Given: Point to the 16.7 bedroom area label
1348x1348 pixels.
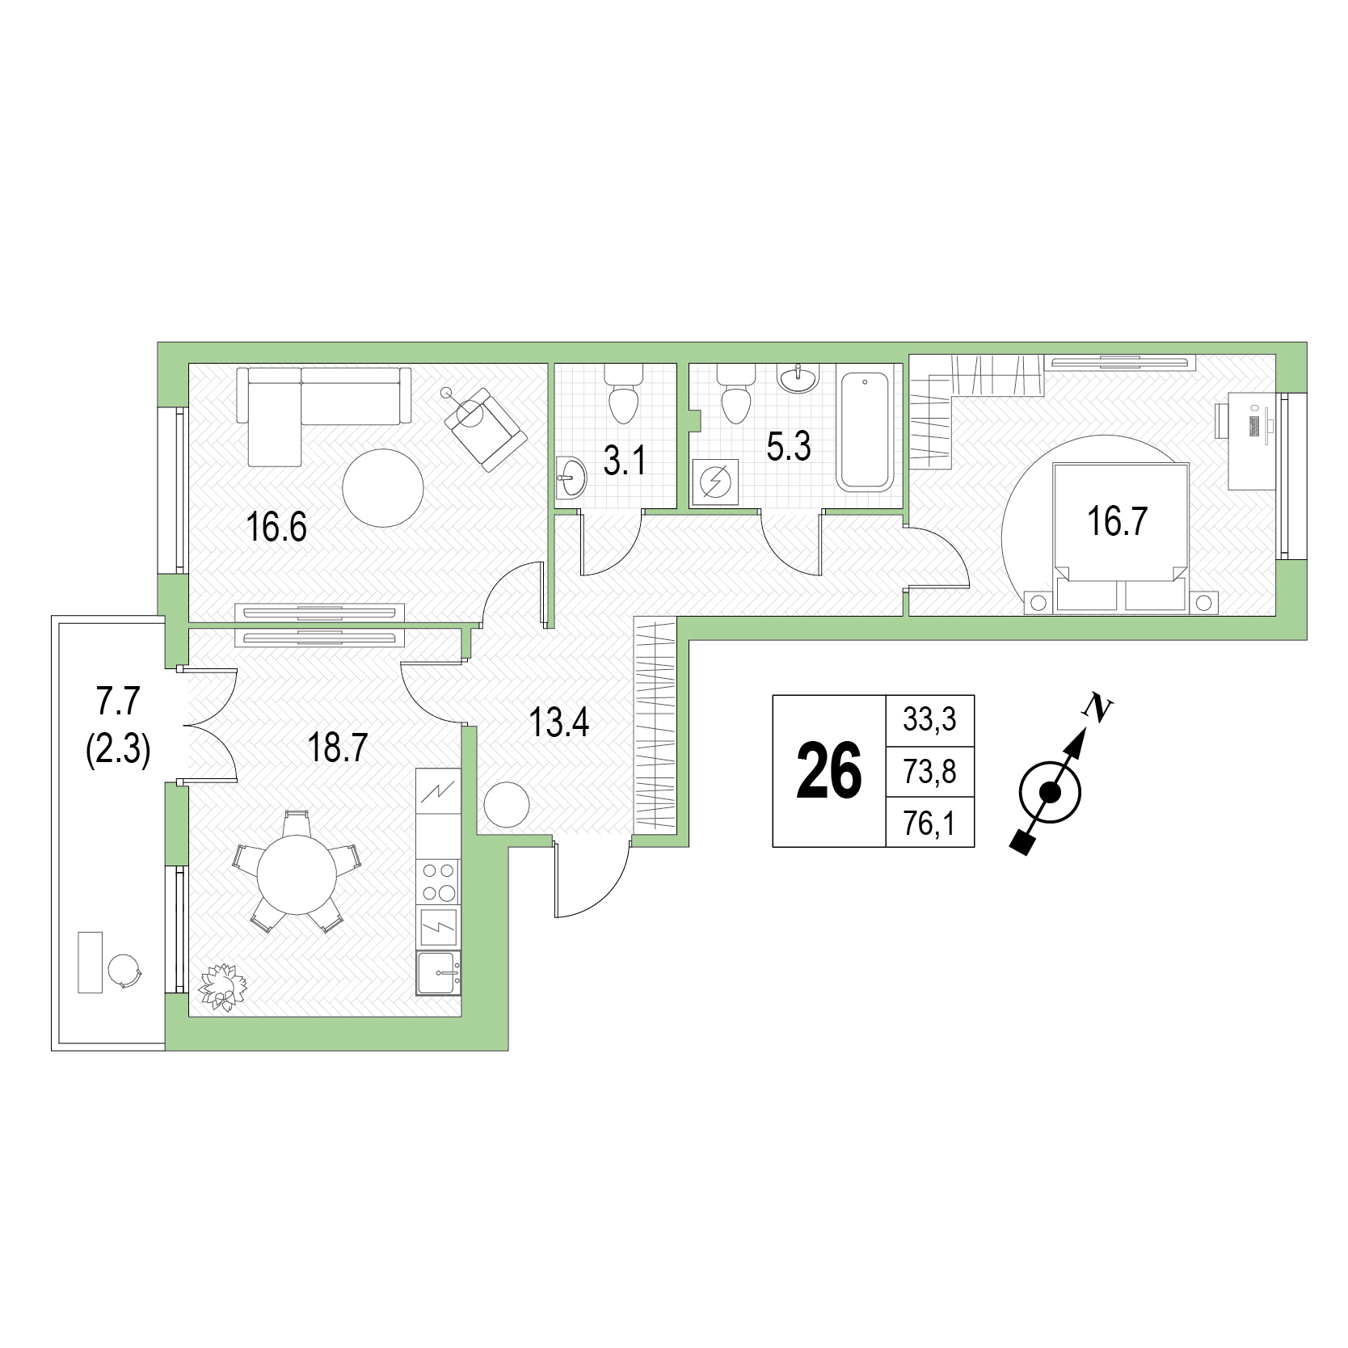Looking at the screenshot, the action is [x=1118, y=522].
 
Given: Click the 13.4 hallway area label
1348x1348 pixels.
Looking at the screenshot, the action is [x=559, y=721].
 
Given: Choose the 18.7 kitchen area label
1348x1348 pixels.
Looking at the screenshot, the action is [x=337, y=749].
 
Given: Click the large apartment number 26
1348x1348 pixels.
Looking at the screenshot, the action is [x=829, y=772].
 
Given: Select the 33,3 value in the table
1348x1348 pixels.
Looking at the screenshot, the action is [x=929, y=718].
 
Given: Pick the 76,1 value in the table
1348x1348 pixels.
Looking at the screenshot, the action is [x=929, y=825].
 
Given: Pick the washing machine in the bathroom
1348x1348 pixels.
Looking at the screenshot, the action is [x=715, y=482].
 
